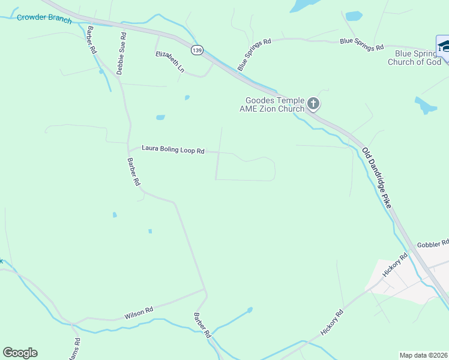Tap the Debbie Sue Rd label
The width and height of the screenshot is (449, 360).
[121, 53]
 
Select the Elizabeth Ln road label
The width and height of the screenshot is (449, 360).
[170, 62]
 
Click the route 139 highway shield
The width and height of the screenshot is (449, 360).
[196, 50]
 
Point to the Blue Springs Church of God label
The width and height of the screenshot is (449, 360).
[414, 58]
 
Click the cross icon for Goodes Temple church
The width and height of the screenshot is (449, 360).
[313, 104]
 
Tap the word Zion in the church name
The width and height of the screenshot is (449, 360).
[270, 109]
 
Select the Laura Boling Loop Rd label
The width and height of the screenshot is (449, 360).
[173, 149]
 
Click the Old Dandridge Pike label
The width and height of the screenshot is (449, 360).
[376, 178]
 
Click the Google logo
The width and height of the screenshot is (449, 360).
[20, 353]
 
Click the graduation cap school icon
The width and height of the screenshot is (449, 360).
[444, 46]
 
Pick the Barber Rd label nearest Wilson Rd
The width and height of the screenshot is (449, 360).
[202, 325]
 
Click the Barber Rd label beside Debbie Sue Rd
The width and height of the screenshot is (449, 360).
[91, 40]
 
